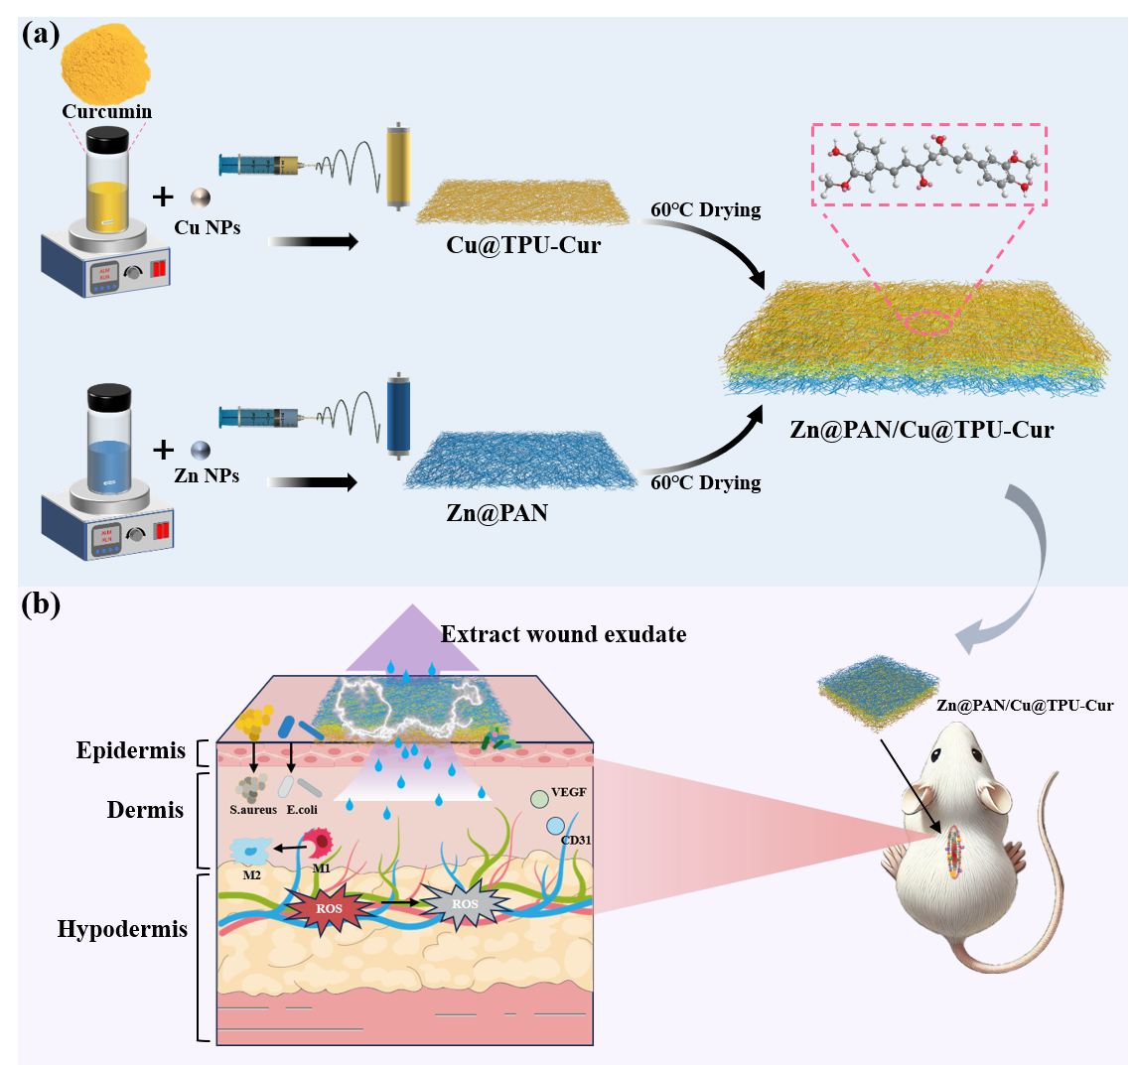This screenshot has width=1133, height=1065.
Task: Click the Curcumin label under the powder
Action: pos(107,111)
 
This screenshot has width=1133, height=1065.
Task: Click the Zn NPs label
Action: pos(207,475)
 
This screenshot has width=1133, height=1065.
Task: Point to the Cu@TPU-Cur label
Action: pos(523,244)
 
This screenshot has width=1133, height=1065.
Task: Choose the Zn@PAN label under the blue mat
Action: pos(499,514)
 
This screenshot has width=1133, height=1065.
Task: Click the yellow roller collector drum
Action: pos(399,166)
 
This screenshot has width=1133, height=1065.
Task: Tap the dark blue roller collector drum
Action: pos(398,415)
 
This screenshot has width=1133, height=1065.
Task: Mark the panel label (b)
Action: pos(42,603)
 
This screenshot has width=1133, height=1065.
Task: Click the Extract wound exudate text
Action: pos(563,633)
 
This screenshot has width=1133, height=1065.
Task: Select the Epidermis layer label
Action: pos(131,750)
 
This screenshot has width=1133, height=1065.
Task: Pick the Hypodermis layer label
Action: pos(122,930)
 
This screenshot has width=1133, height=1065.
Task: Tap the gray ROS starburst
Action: pos(465,904)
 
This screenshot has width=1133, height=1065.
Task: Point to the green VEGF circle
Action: pos(539,798)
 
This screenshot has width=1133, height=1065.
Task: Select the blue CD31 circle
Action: pos(554,825)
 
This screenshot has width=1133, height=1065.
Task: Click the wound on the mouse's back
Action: pos(955,851)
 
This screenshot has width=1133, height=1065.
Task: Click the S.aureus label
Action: pos(252,809)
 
